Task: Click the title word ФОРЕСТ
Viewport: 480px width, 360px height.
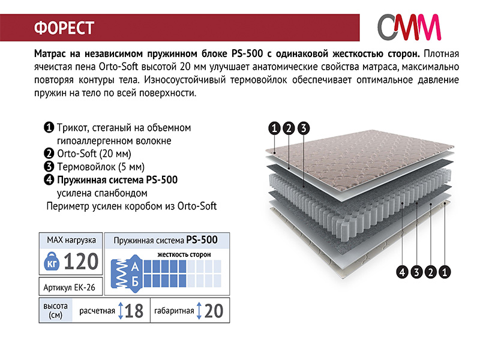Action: [64, 28]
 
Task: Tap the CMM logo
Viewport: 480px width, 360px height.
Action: [409, 27]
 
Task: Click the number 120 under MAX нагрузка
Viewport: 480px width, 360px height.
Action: [81, 262]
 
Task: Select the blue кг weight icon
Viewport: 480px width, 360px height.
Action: [52, 261]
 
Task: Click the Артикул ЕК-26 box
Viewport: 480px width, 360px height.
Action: [71, 287]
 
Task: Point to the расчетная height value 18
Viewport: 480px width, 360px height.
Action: [134, 311]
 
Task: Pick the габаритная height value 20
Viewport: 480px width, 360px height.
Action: [214, 311]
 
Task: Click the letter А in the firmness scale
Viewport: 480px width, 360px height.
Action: [135, 266]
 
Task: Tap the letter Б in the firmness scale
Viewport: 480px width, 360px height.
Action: [135, 281]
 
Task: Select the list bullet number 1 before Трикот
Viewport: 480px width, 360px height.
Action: [49, 127]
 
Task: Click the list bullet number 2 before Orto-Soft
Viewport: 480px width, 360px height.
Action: [49, 153]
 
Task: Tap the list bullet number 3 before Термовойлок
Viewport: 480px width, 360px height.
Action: [49, 167]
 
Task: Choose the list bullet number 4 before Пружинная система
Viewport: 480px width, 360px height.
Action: [49, 179]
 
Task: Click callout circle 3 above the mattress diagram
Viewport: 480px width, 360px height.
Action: [304, 128]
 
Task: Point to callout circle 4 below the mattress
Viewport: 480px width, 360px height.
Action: [402, 272]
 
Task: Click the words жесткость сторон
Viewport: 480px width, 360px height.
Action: [184, 254]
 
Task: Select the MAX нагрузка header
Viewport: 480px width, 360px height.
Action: [71, 240]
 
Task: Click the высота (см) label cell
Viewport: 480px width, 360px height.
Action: [55, 310]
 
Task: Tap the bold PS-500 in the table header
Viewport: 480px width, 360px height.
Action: [202, 239]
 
